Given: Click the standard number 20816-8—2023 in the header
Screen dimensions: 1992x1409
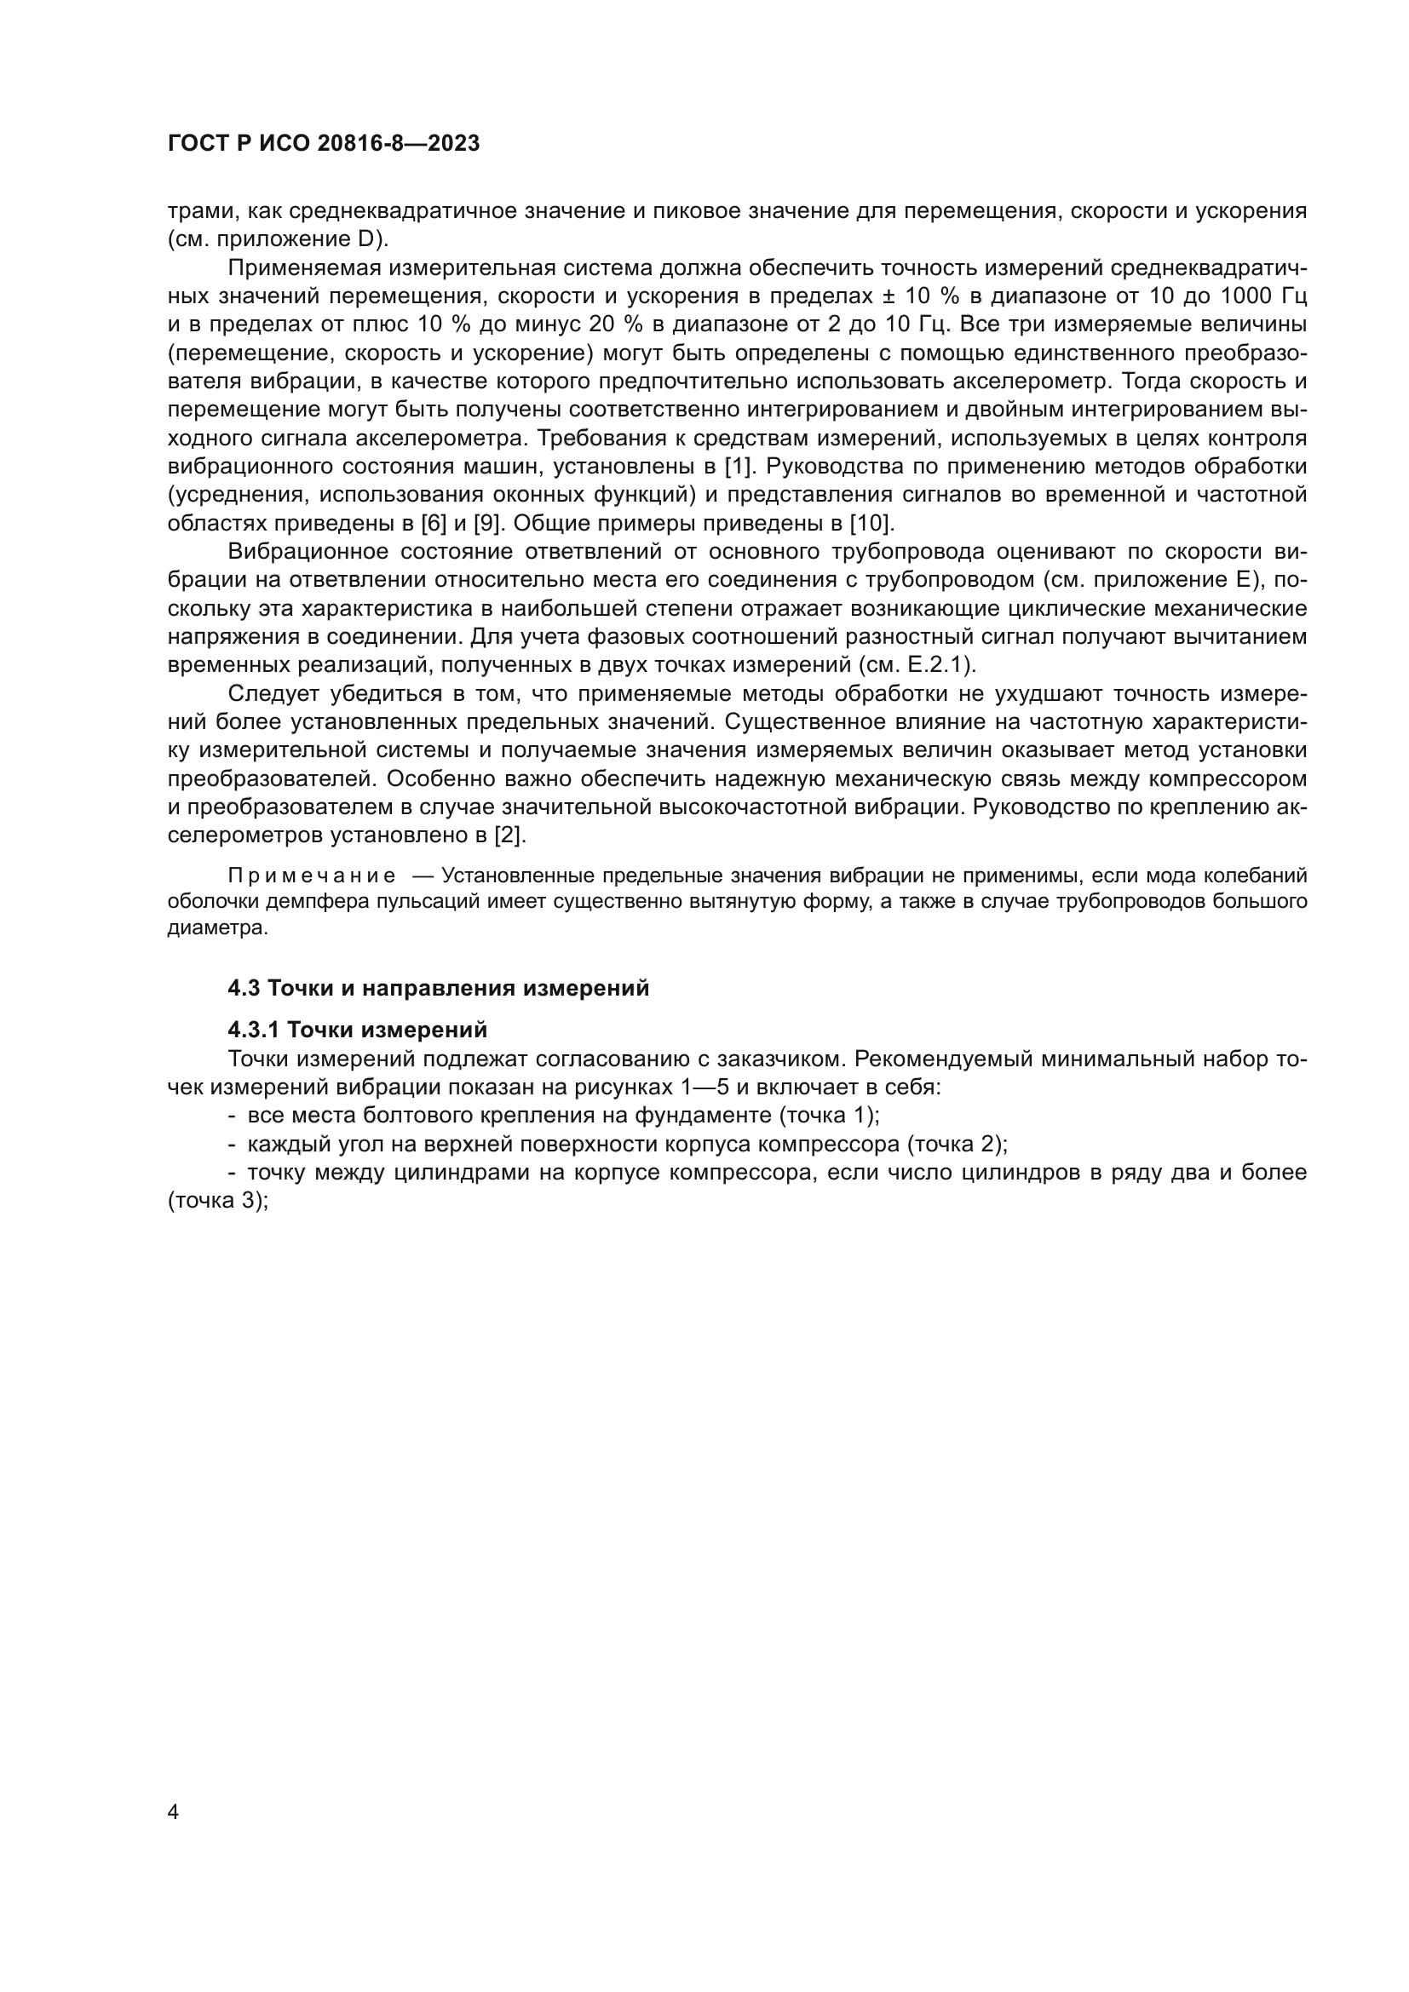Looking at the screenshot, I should point(398,144).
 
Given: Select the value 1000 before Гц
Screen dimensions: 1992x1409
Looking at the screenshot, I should point(1246,296).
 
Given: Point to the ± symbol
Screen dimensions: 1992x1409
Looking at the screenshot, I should point(889,296).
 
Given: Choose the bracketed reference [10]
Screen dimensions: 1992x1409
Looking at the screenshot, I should point(871,524).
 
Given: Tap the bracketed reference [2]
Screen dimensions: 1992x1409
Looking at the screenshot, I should point(509,836).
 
